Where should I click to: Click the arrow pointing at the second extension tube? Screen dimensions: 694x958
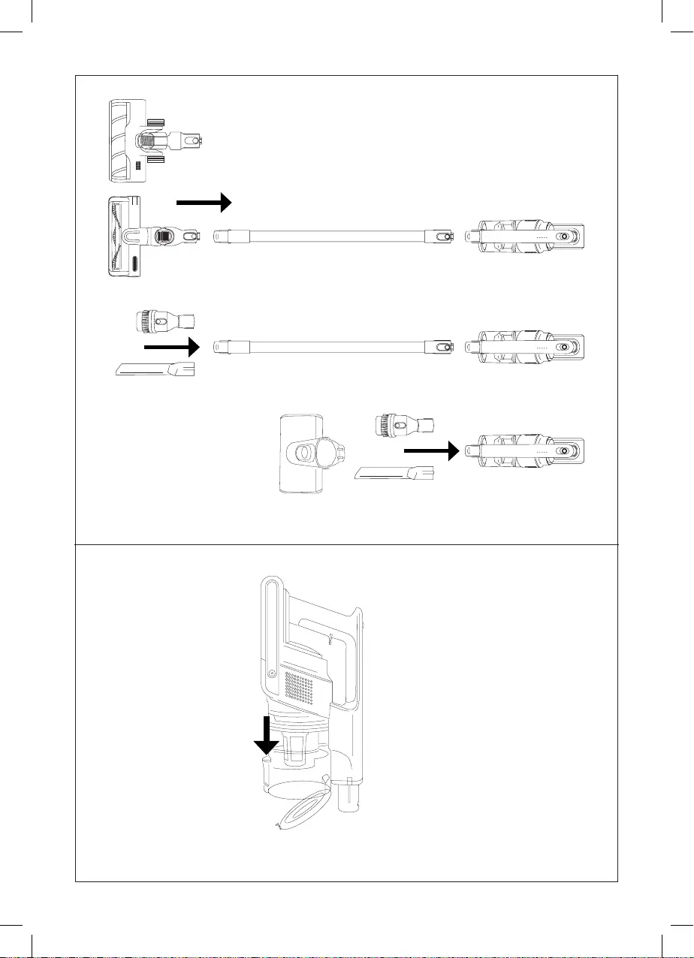(171, 347)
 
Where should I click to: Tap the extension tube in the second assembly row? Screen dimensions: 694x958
(333, 346)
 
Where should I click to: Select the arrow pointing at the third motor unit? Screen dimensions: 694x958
(430, 451)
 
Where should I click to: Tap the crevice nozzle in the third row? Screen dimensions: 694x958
(394, 474)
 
